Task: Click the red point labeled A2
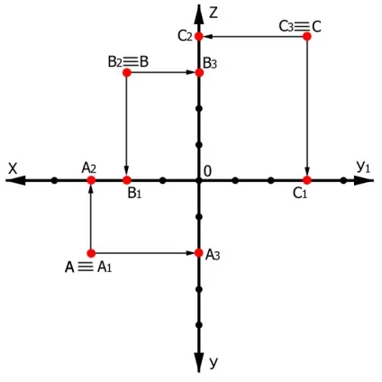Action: pyautogui.click(x=91, y=180)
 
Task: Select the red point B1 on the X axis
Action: pyautogui.click(x=127, y=180)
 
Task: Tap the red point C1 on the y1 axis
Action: pyautogui.click(x=307, y=180)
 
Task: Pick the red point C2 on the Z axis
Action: pyautogui.click(x=199, y=36)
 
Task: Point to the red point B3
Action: pyautogui.click(x=199, y=72)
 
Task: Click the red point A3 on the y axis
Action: pyautogui.click(x=198, y=253)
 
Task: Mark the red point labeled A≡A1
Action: pyautogui.click(x=91, y=253)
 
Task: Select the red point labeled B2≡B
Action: pyautogui.click(x=127, y=72)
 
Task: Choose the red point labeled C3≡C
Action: pyautogui.click(x=307, y=36)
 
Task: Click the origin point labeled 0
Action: pyautogui.click(x=198, y=180)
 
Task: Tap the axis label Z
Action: pyautogui.click(x=213, y=13)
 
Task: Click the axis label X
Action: pyautogui.click(x=13, y=168)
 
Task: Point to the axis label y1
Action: pyautogui.click(x=363, y=167)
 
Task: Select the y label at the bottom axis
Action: pyautogui.click(x=213, y=362)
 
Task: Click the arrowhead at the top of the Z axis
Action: pyautogui.click(x=198, y=14)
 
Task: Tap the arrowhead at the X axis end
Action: pyautogui.click(x=15, y=180)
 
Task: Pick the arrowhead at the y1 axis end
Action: pyautogui.click(x=364, y=180)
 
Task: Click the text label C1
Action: pyautogui.click(x=300, y=194)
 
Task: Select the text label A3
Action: pyautogui.click(x=213, y=255)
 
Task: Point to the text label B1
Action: pyautogui.click(x=134, y=194)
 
